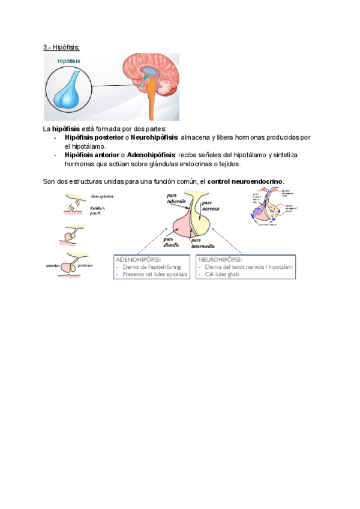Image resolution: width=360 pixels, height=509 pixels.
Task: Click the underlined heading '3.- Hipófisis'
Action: pyautogui.click(x=62, y=47)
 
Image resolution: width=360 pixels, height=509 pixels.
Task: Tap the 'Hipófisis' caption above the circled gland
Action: pyautogui.click(x=69, y=61)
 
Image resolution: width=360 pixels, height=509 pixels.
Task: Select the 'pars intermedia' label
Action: pyautogui.click(x=205, y=242)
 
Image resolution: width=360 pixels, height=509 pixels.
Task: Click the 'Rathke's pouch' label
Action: pyautogui.click(x=100, y=208)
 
